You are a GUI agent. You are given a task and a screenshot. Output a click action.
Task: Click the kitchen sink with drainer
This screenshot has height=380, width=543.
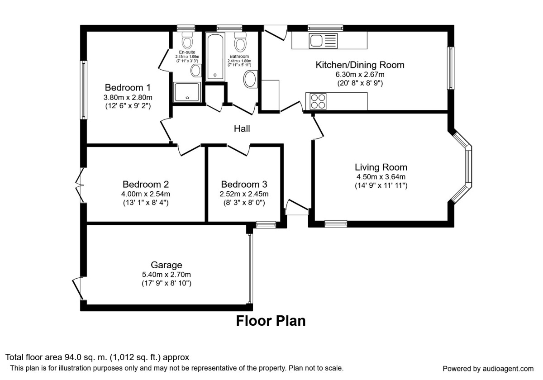pos(323,41)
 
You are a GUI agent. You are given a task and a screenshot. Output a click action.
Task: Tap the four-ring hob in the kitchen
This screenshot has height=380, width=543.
pos(318,101)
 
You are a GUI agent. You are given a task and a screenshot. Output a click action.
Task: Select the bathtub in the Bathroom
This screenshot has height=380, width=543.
pos(215,57)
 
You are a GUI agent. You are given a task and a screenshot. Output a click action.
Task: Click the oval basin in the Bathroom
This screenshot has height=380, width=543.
pos(250,79)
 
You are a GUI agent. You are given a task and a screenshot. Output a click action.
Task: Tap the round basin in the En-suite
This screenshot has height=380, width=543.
pos(196,71)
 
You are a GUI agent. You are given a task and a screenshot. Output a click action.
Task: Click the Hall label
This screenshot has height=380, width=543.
pos(242,128)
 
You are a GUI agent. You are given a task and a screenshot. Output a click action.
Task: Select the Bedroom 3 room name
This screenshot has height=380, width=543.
pos(244,185)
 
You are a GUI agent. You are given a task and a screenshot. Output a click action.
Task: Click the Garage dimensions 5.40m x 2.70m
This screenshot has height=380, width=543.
pos(167,275)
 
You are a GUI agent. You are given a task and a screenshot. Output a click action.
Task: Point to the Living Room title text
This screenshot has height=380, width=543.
pos(381,167)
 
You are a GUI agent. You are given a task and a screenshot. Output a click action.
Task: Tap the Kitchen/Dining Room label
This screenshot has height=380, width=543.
pos(360,65)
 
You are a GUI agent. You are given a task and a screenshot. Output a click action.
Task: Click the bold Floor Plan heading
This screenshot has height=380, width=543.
pos(271,321)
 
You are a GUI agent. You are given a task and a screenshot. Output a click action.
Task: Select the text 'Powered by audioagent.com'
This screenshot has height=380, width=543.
pos(488,369)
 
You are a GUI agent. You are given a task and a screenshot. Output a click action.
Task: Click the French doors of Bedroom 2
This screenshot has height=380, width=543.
pos(80,185)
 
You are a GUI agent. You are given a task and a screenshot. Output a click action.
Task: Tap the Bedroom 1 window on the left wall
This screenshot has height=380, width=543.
pos(84,90)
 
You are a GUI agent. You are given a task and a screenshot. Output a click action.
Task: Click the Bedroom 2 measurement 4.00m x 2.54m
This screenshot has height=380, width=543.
pos(146,194)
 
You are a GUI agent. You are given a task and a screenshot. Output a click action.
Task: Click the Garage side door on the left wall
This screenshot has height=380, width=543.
pos(77,289)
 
